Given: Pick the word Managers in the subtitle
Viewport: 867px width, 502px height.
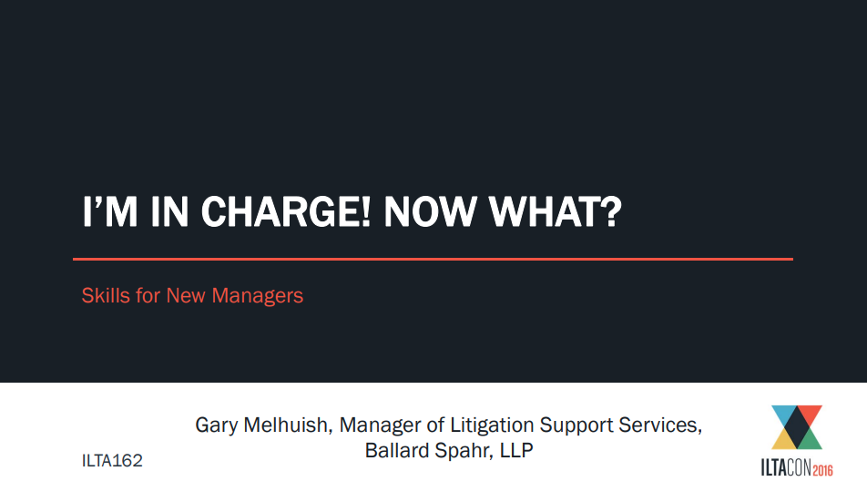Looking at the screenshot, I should pos(258,295).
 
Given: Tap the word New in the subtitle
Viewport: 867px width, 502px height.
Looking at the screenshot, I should pos(186,295).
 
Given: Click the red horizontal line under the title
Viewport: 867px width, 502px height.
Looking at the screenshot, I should pos(433,260).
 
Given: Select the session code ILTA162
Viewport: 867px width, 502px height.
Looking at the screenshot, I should pos(112,461).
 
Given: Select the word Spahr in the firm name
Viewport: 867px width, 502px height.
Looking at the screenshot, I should pos(464,450).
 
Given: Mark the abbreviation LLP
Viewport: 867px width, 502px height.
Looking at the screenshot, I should pos(517,450).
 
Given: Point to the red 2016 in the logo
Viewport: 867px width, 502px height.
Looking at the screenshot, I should pos(821,470).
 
